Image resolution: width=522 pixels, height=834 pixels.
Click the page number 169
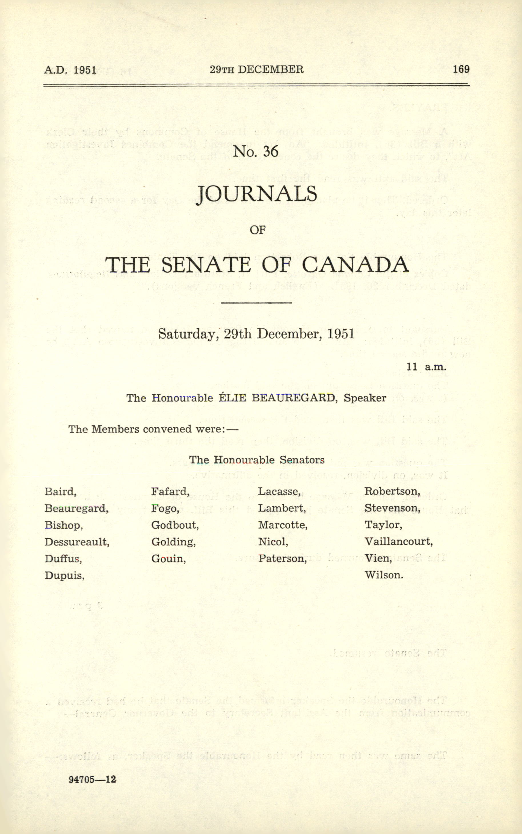point(461,69)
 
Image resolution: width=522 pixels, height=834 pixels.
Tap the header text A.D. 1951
point(70,70)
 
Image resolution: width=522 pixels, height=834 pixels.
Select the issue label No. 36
point(255,151)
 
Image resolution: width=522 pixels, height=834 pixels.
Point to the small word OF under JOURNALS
point(257,230)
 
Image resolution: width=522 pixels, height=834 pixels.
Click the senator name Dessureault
point(77,542)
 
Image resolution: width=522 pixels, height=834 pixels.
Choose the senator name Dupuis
point(64,575)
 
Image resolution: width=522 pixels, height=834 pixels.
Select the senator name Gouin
point(168,559)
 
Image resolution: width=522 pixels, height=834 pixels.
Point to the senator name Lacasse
point(279,491)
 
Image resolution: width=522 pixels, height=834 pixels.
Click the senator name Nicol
point(273,542)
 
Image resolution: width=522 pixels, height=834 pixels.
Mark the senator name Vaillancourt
point(398,542)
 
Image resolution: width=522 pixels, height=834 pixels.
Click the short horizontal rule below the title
point(256,303)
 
